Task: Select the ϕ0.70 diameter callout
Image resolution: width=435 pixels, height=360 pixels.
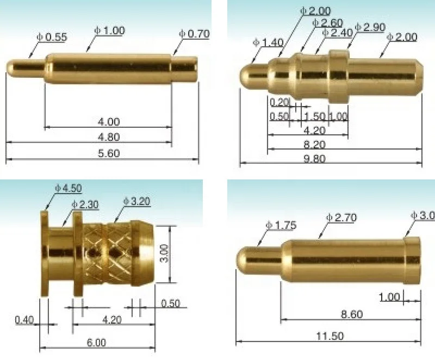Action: [194, 34]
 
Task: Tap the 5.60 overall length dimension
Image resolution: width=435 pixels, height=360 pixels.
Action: [109, 154]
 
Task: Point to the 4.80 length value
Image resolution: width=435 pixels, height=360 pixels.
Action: [109, 137]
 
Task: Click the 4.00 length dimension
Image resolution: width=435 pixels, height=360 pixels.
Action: [109, 121]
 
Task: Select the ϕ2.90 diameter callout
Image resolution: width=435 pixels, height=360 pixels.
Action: [370, 27]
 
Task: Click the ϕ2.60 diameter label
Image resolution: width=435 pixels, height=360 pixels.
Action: [328, 22]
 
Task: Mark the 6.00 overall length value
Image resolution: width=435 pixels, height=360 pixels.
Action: [96, 343]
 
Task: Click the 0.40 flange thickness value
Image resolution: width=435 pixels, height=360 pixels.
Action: [24, 320]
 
